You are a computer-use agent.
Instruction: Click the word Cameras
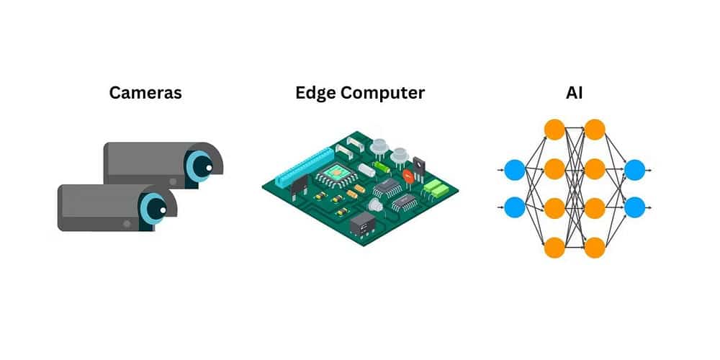[145, 93]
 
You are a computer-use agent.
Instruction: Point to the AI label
[574, 93]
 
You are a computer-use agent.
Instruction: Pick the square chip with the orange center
[335, 172]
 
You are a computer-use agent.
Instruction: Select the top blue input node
[514, 170]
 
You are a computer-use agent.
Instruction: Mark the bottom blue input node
[514, 207]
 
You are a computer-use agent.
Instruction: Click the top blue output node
[634, 170]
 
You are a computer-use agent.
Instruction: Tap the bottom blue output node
[634, 207]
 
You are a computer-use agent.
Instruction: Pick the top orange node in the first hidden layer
[554, 130]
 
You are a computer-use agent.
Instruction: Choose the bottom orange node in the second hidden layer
[594, 247]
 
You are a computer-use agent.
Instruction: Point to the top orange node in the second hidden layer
[594, 130]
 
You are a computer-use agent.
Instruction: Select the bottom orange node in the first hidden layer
[554, 247]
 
